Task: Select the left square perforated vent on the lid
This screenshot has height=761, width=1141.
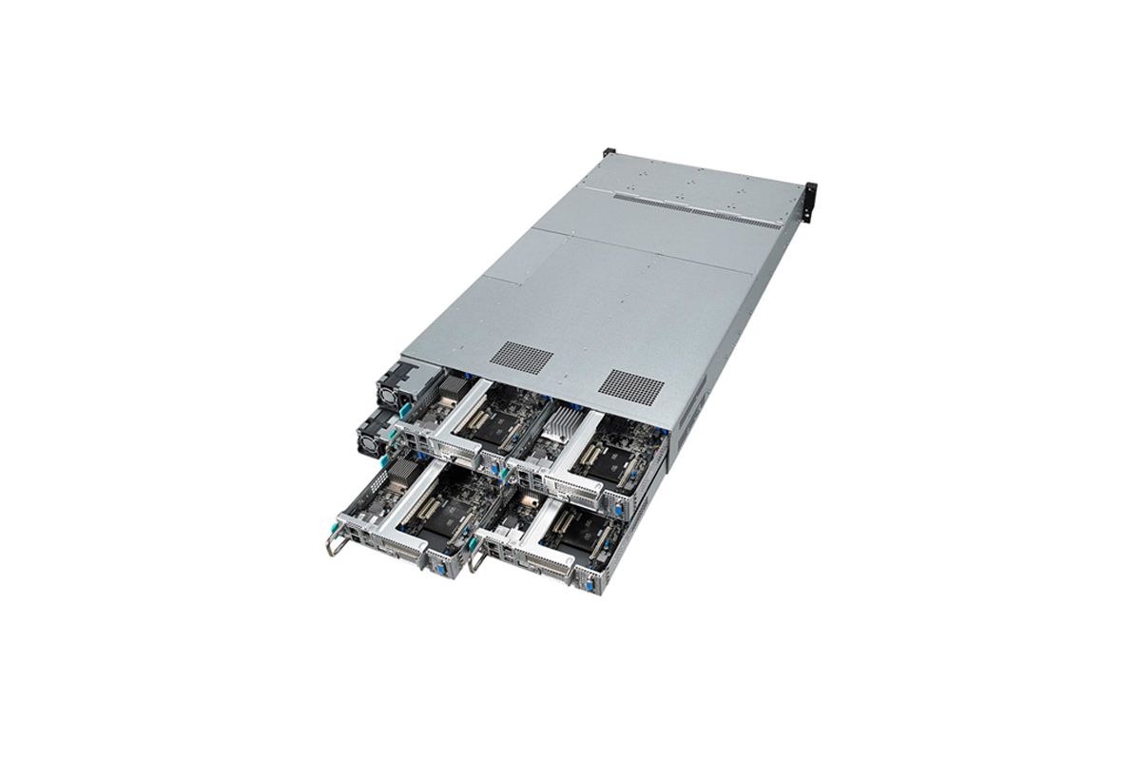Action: click(x=520, y=358)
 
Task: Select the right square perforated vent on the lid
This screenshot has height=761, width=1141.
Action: click(x=631, y=386)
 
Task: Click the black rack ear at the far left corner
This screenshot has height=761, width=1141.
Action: click(x=609, y=153)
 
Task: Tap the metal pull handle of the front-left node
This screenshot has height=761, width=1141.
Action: click(x=334, y=545)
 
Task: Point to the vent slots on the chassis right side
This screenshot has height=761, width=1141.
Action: click(x=698, y=400)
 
